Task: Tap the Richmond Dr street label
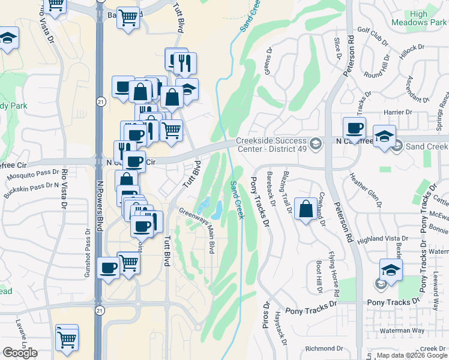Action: tap(324, 348)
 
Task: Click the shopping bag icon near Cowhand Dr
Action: tap(306, 210)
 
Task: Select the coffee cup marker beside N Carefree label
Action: tap(354, 128)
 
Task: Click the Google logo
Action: tap(20, 353)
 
